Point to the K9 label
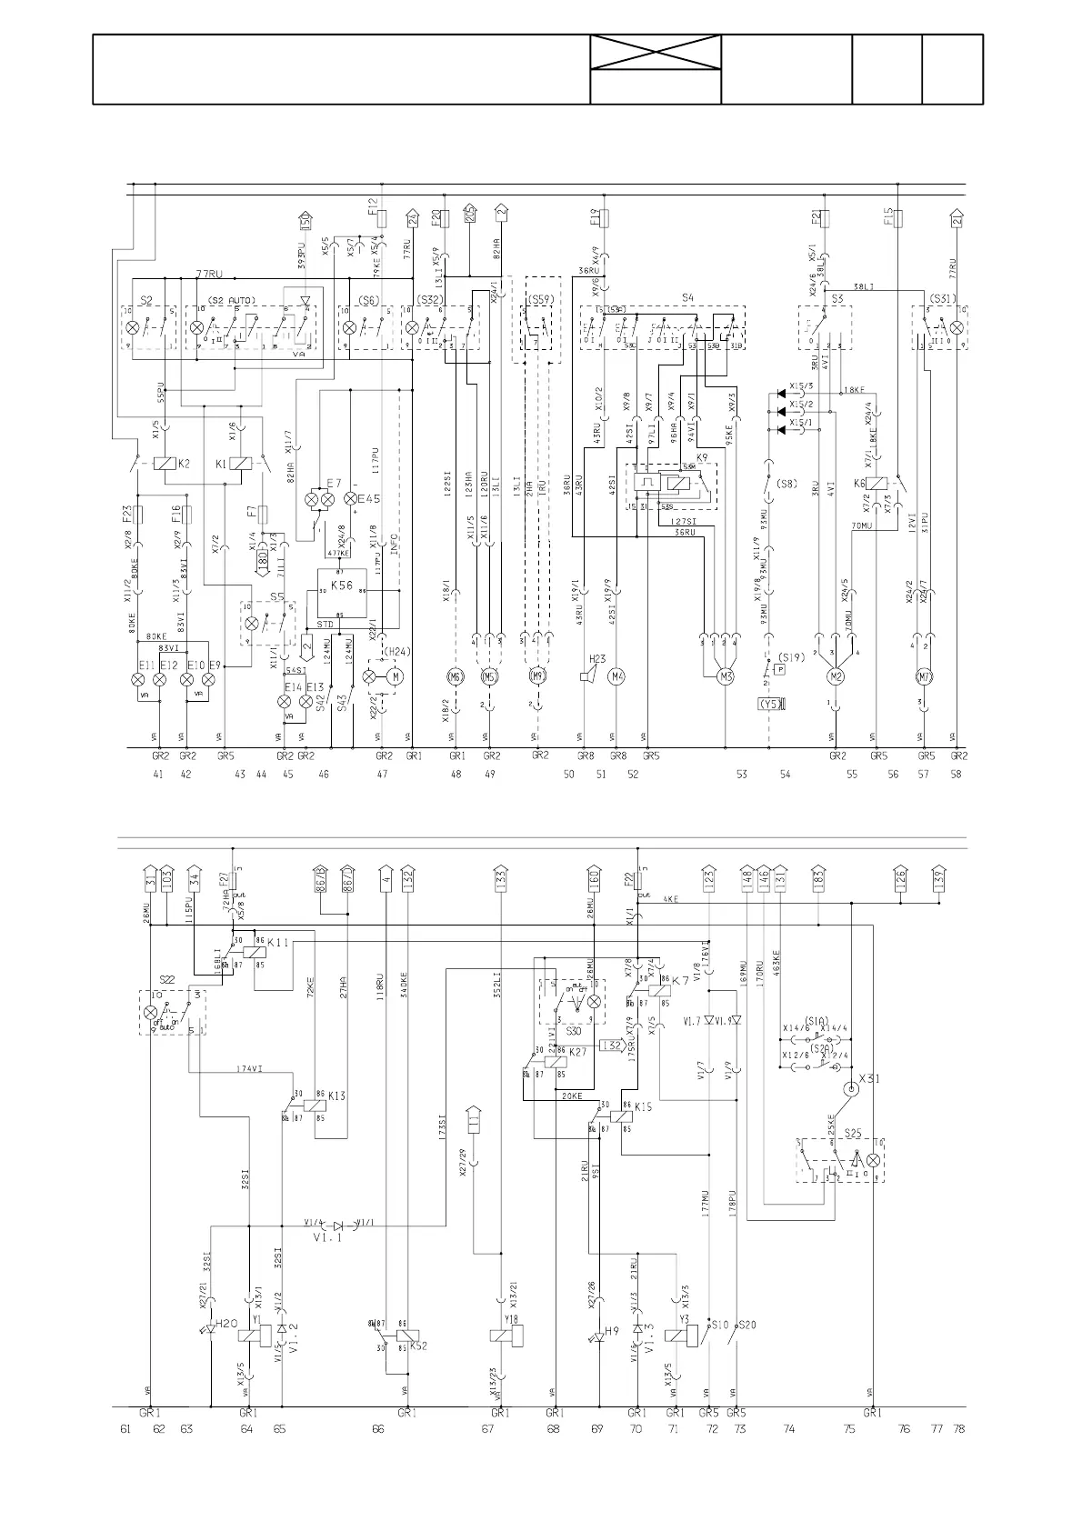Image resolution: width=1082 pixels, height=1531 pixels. (x=702, y=456)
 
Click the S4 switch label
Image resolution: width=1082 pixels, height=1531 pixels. (x=687, y=296)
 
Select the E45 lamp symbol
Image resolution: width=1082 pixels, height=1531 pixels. (x=349, y=499)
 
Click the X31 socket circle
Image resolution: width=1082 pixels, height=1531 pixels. (x=852, y=1089)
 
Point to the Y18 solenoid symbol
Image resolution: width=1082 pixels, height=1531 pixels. (x=506, y=1335)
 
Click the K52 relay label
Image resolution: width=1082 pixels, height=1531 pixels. (x=418, y=1346)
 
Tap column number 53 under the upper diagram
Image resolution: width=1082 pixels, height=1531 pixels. (x=742, y=775)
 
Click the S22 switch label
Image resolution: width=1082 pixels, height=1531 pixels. (x=166, y=979)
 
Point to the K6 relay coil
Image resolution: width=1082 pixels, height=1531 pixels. (x=880, y=485)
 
